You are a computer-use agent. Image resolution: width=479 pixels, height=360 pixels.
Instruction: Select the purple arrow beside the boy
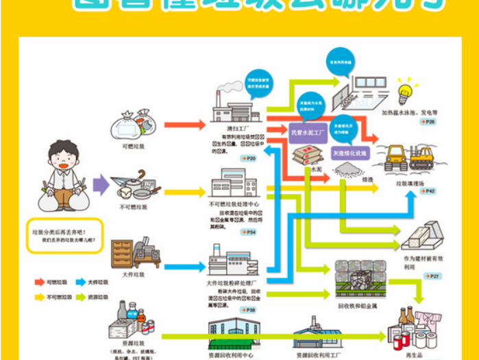[101, 184]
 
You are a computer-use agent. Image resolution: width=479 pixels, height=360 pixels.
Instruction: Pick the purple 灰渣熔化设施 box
[350, 152]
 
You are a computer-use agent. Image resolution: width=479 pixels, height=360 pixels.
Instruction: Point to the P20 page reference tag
[248, 158]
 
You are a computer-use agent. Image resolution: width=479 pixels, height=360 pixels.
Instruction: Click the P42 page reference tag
[427, 191]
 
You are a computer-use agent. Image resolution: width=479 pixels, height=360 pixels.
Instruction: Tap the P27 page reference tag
[432, 276]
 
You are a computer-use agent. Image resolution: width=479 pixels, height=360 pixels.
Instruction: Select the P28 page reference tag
[428, 121]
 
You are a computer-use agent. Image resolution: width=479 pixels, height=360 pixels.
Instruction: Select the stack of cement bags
[305, 155]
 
